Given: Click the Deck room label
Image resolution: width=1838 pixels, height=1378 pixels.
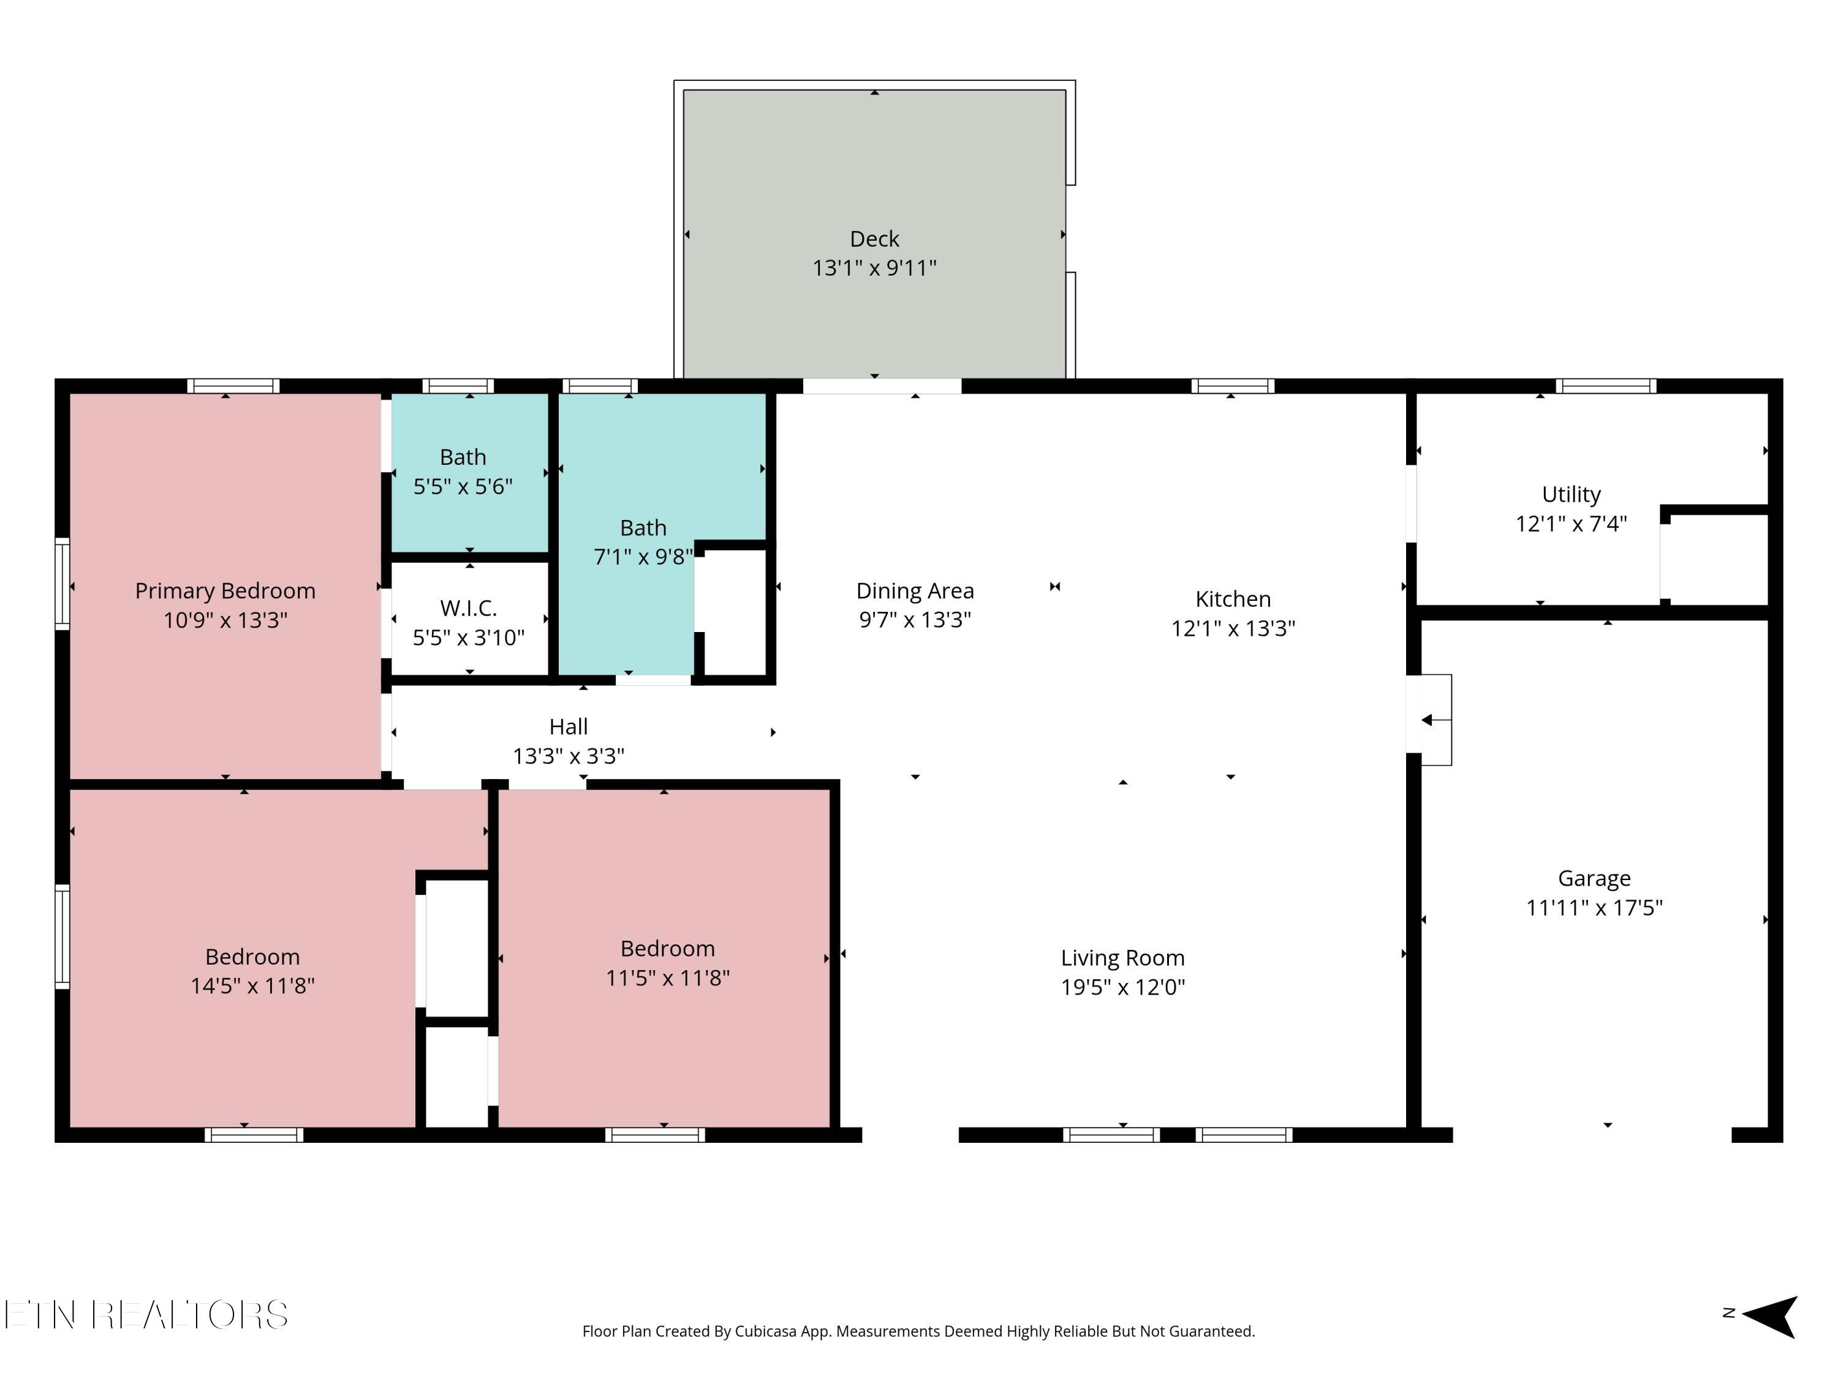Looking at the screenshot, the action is (x=874, y=239).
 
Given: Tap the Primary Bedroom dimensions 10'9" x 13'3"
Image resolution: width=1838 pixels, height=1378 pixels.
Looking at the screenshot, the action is (x=225, y=620).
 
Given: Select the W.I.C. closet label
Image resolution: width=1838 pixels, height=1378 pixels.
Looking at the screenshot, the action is (x=469, y=608).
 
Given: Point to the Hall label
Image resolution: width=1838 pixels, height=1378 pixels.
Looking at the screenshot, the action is (x=569, y=727).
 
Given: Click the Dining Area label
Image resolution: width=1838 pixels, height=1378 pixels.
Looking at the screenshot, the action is (x=915, y=590).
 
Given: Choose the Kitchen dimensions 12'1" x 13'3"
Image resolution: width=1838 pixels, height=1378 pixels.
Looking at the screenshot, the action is (x=1233, y=629).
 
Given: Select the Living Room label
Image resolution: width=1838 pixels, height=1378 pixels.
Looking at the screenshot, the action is (x=1122, y=958).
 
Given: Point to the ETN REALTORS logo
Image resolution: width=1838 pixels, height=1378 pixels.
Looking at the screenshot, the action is (x=146, y=1315).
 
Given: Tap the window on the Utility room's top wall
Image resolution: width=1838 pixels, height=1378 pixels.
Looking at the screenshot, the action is (x=1605, y=385).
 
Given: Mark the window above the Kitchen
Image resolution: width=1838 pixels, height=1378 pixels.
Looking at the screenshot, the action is (x=1232, y=385).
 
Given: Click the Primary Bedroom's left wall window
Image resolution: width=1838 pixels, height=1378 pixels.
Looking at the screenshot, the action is (x=62, y=583).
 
